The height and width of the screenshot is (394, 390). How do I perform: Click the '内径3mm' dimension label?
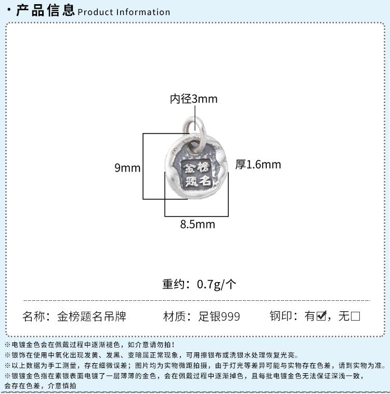pyautogui.click(x=193, y=99)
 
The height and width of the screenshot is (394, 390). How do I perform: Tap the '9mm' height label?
pyautogui.click(x=127, y=168)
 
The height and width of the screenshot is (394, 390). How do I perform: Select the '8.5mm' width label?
pyautogui.click(x=197, y=225)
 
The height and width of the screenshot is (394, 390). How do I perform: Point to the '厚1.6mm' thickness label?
pyautogui.click(x=258, y=164)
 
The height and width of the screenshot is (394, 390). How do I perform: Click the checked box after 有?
pyautogui.click(x=321, y=316)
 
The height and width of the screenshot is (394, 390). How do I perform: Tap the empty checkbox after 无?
pyautogui.click(x=356, y=316)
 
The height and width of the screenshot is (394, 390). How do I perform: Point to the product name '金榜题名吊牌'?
pyautogui.click(x=92, y=316)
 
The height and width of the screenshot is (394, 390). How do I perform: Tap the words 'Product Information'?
pyautogui.click(x=124, y=12)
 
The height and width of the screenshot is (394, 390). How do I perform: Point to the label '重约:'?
pyautogui.click(x=177, y=284)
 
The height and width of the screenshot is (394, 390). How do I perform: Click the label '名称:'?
pyautogui.click(x=36, y=316)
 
